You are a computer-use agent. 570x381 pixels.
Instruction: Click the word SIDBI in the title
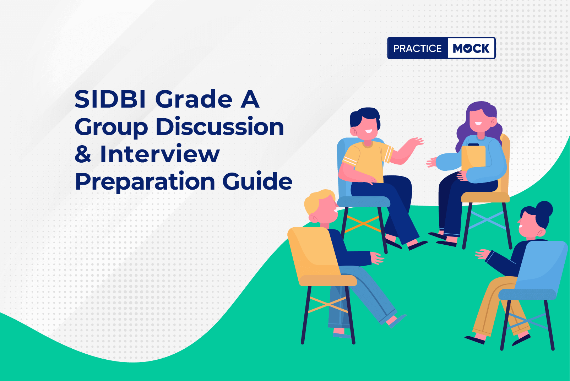click(110, 99)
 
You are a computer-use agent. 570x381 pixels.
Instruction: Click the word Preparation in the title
click(145, 182)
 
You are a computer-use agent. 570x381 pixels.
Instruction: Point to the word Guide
click(257, 181)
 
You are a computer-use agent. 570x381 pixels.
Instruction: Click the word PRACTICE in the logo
click(418, 48)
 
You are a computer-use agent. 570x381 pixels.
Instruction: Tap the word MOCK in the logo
click(471, 48)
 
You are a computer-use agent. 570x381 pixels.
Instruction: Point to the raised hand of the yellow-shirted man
click(415, 142)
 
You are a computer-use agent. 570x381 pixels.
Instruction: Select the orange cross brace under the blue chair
click(363, 224)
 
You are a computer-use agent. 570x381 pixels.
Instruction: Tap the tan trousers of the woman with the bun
click(496, 305)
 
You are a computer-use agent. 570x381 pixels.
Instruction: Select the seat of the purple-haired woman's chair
click(485, 197)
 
